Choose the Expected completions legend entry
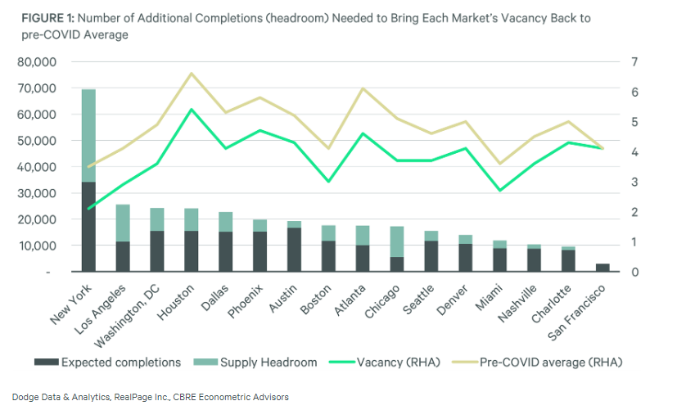pos(97,362)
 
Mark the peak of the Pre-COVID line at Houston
pos(191,74)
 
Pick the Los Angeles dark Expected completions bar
pos(123,256)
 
